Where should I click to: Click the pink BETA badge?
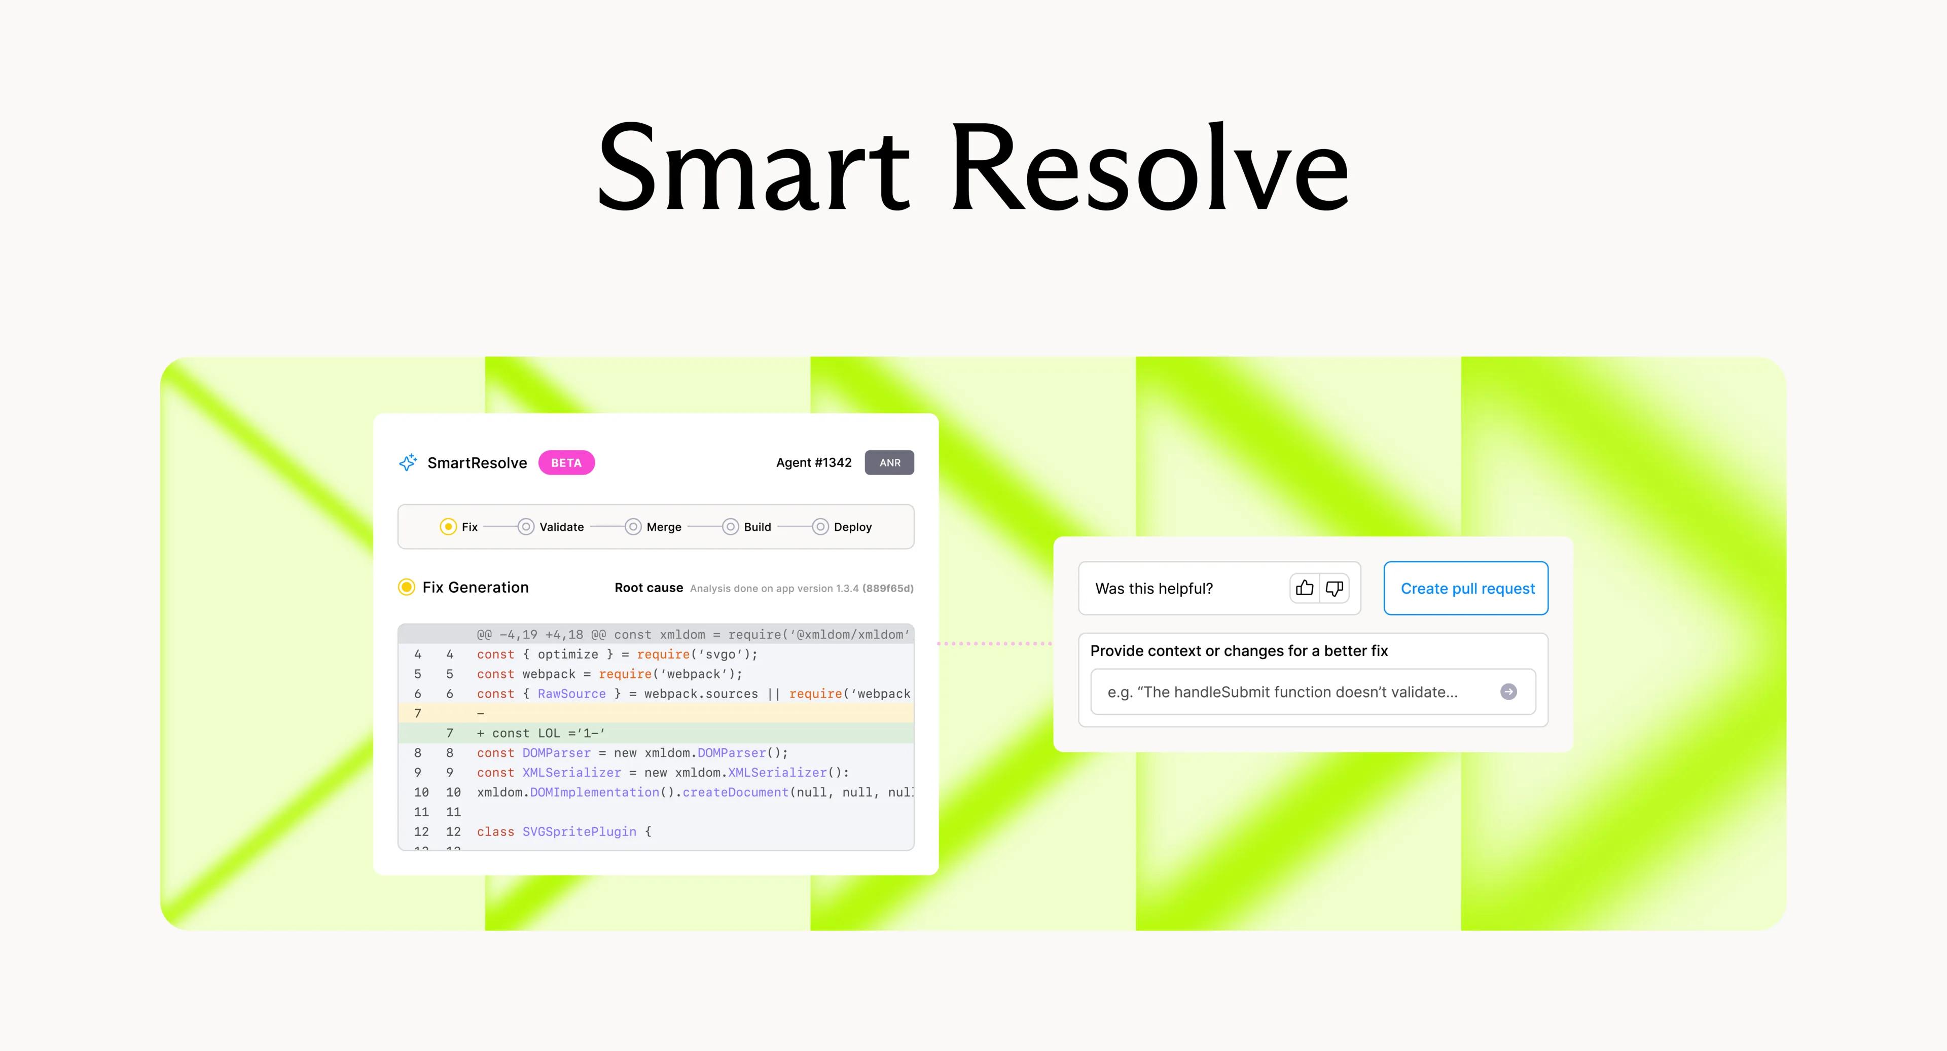point(566,462)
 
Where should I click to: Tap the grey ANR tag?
point(890,462)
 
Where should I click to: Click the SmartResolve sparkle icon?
point(408,462)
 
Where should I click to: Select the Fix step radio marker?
point(448,527)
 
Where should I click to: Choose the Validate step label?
point(562,527)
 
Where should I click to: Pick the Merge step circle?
point(633,527)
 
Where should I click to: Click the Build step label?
point(758,527)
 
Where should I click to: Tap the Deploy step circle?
point(820,527)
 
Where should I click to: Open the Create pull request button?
point(1466,588)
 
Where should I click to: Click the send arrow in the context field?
point(1508,692)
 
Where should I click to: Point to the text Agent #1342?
point(814,462)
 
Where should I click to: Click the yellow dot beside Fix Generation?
point(407,587)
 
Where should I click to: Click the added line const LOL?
point(541,733)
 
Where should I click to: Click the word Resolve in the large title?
point(1149,168)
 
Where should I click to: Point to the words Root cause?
point(648,588)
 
